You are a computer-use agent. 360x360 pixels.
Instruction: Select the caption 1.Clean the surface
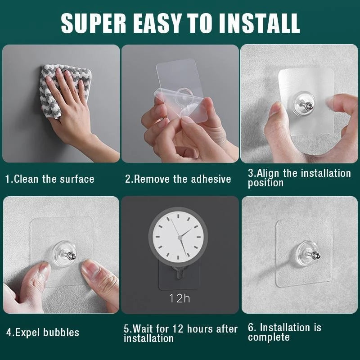point(49,179)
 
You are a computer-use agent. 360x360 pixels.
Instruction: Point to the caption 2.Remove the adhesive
point(178,179)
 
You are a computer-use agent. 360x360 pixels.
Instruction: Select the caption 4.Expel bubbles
point(43,333)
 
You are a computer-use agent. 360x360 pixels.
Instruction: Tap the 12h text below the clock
point(179,297)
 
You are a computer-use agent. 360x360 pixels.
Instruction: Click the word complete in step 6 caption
point(269,337)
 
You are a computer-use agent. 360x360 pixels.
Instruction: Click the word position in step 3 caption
point(265,183)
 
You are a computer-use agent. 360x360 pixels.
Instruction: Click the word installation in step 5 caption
point(148,338)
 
